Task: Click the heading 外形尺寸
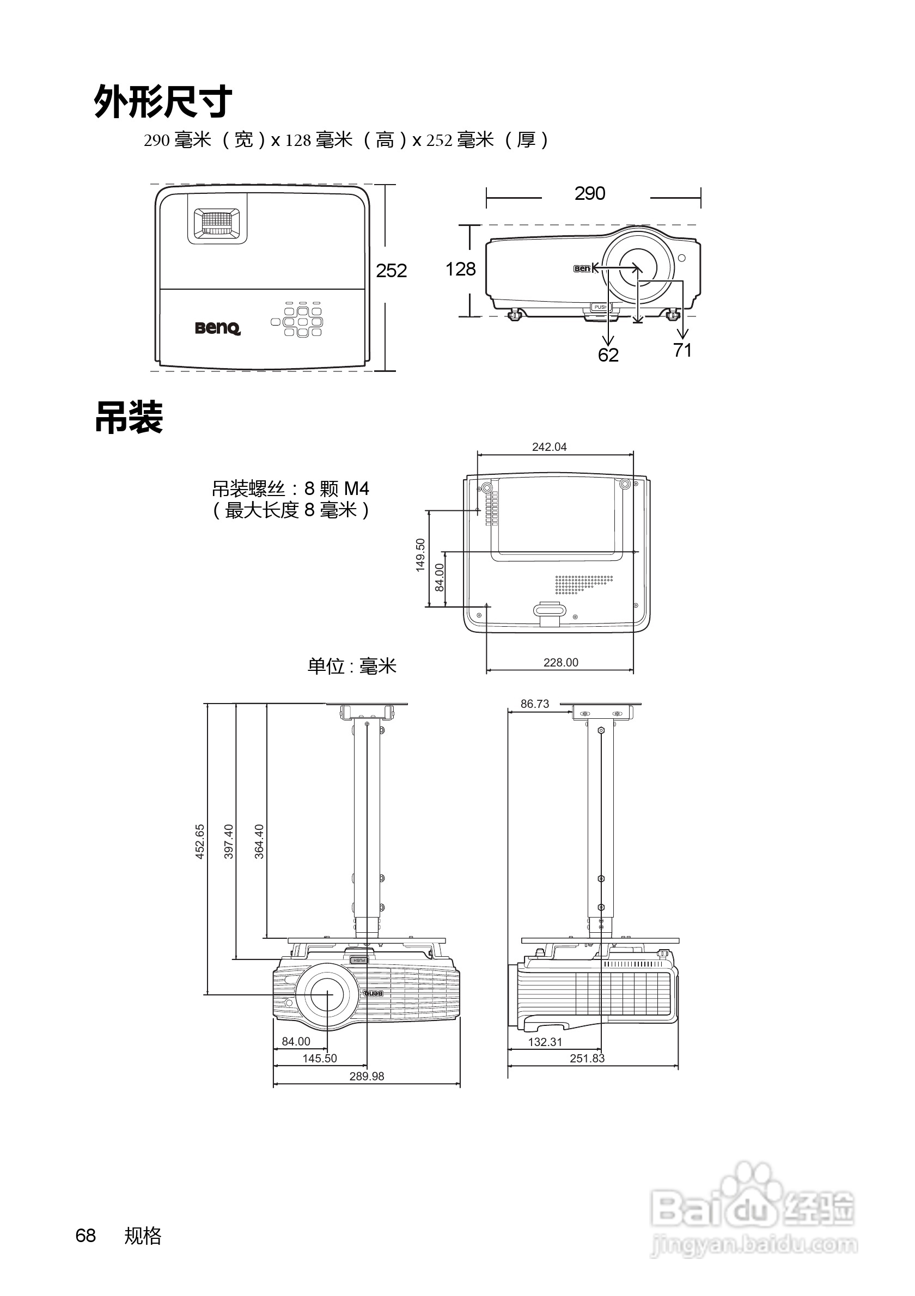coord(162,102)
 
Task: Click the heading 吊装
coord(129,418)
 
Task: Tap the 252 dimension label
coord(391,271)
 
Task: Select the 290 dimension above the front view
coord(590,194)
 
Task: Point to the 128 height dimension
coord(460,269)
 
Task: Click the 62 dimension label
coord(608,355)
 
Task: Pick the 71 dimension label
coord(682,351)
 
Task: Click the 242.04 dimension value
coord(549,447)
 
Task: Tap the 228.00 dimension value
coord(560,663)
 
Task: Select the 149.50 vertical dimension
coord(420,555)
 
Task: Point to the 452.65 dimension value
coord(200,842)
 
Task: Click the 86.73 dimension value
coord(534,704)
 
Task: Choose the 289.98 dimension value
coord(367,1077)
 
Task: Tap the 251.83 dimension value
coord(587,1059)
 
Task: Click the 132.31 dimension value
coord(545,1042)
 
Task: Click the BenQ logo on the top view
coord(218,328)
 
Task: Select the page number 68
coord(86,1236)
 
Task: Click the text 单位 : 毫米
coord(352,666)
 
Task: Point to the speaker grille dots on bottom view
coord(583,585)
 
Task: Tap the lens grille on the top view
coord(217,222)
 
